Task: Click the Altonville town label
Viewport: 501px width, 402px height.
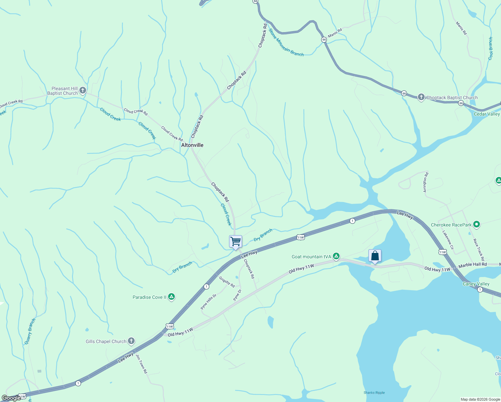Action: pos(192,145)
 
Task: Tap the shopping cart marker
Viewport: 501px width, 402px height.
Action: pos(235,241)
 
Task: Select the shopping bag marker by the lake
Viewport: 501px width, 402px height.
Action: pos(375,256)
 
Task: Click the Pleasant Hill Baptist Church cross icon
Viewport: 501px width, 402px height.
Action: pos(83,90)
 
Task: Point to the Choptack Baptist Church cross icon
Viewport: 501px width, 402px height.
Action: pos(421,97)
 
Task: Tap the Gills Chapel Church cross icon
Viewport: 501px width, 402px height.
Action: pos(131,341)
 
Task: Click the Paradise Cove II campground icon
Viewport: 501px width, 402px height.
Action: pos(171,297)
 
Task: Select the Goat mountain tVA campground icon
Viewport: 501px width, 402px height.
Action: pos(336,256)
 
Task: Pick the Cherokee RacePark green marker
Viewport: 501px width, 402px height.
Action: pos(477,224)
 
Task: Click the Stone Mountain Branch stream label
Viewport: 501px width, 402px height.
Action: pos(286,43)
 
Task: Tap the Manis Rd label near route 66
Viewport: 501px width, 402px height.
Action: pos(335,32)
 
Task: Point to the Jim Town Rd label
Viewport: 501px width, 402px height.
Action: pos(142,363)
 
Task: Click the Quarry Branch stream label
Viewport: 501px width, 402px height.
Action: pos(30,331)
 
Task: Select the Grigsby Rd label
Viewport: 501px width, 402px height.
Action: pos(227,282)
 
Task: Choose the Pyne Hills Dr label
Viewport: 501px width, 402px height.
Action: pos(209,301)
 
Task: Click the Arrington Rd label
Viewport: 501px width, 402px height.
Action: pos(425,182)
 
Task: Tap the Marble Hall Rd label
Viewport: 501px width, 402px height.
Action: pos(473,265)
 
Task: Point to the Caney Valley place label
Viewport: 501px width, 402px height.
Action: pos(476,284)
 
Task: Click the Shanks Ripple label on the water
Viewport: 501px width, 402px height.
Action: pos(374,393)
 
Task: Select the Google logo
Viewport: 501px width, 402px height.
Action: pos(11,398)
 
